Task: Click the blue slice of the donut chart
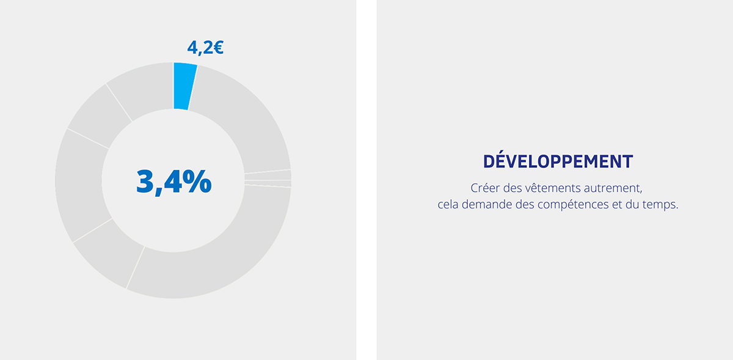184,86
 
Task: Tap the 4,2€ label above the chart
205,48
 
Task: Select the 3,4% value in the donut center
173,182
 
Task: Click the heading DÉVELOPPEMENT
558,161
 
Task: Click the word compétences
573,205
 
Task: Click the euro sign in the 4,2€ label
219,48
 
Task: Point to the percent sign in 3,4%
197,181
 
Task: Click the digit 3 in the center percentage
145,182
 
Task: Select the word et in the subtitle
617,205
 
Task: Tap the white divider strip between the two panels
366,180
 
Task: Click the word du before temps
632,204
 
